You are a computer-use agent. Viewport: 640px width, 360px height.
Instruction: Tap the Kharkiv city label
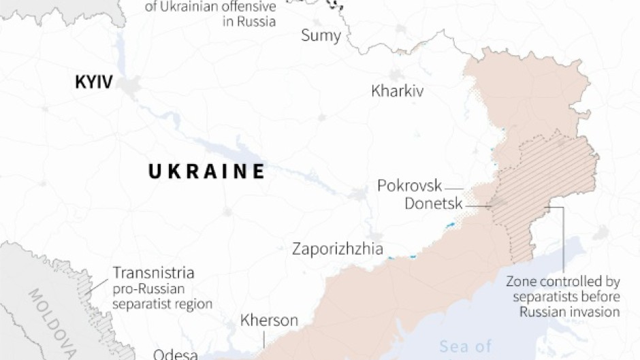click(397, 91)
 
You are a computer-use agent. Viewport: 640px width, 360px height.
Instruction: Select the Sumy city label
click(321, 35)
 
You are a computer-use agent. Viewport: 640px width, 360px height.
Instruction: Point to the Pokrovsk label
click(409, 186)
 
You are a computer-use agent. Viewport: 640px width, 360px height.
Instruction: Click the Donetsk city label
click(433, 203)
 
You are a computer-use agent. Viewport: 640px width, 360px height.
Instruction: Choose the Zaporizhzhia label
click(337, 249)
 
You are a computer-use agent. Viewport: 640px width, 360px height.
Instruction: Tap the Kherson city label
click(269, 321)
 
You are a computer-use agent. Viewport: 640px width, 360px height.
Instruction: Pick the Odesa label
click(175, 354)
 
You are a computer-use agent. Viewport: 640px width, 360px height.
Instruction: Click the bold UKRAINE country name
click(206, 171)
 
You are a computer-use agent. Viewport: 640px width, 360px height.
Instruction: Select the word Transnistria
click(153, 274)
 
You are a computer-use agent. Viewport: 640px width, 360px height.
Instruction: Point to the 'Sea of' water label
click(466, 346)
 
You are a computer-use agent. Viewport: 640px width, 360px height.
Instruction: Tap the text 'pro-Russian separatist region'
click(163, 296)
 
